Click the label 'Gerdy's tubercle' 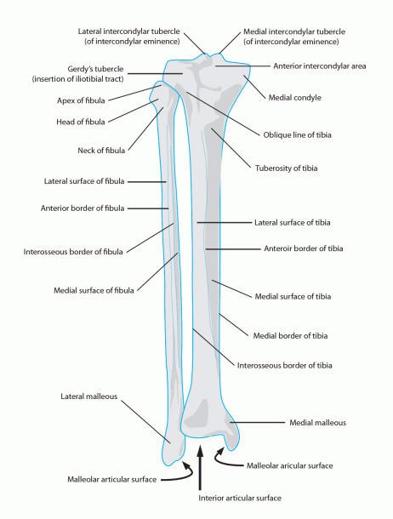point(95,69)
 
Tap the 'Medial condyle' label point(294,98)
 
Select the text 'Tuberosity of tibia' point(286,168)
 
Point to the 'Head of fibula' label point(80,122)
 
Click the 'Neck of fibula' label point(101,151)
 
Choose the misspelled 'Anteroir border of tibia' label point(304,248)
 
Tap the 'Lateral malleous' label point(89,396)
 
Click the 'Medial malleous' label point(317,423)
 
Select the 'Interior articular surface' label point(240,498)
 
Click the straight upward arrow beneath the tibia point(200,468)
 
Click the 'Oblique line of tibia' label point(297,135)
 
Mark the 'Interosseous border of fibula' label point(73,252)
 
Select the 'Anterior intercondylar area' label point(320,66)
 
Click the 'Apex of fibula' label point(81,100)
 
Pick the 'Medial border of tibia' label point(290,336)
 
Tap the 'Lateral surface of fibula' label point(84,181)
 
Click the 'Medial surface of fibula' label point(94,291)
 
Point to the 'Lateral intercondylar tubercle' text point(129,31)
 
